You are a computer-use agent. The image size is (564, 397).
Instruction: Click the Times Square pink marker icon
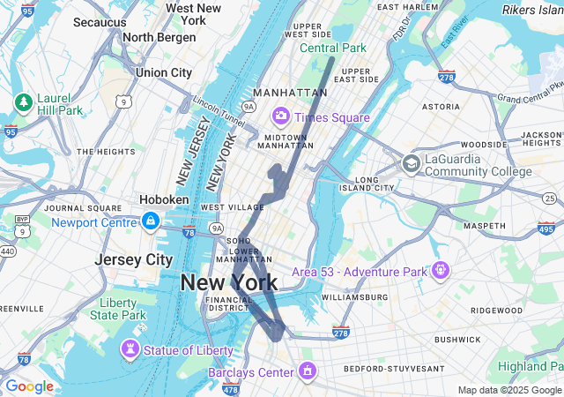coord(281,116)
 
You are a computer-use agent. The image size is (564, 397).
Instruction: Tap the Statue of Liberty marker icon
coord(130,349)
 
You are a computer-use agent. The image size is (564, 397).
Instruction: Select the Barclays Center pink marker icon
coord(307,371)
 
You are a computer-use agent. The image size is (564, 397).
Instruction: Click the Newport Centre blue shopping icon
coord(151,220)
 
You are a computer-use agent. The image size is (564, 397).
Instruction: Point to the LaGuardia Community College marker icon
coord(411,163)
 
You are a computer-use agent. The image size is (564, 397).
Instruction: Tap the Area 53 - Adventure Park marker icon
coord(441,269)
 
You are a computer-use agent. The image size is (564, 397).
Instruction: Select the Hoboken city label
coord(164,199)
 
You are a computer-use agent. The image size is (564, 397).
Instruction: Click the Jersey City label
coord(133,260)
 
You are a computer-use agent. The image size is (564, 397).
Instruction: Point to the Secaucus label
coord(100,22)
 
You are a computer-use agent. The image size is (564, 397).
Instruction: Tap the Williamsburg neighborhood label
coord(355,297)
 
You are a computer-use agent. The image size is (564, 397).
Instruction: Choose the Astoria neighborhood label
coord(441,106)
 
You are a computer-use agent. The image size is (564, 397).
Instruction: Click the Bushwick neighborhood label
coord(457,339)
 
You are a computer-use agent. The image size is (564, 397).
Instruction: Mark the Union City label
coord(163,72)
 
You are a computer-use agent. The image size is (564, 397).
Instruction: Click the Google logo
coord(29,386)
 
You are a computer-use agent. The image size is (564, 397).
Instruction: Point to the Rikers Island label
coord(532,10)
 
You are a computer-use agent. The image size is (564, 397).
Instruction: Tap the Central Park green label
coord(332,48)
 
